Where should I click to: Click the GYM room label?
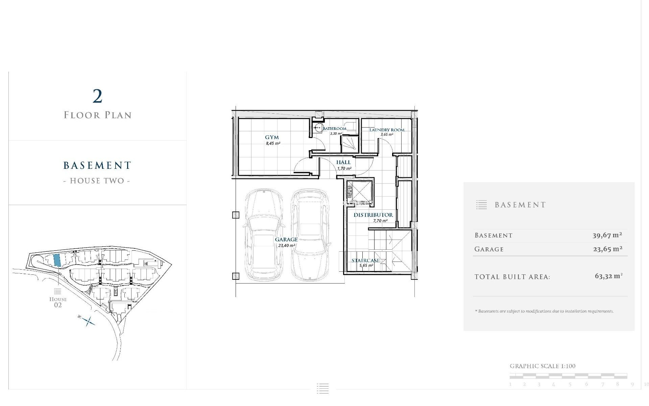(x=272, y=137)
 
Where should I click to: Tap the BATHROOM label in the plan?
(x=334, y=129)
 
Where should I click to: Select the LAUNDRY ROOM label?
(x=387, y=130)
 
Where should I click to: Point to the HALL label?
(x=343, y=162)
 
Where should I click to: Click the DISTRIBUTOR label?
(x=373, y=215)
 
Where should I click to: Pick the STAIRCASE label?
(x=365, y=261)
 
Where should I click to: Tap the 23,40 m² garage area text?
(x=286, y=245)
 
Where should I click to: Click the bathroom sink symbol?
(x=318, y=128)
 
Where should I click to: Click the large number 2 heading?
(x=97, y=97)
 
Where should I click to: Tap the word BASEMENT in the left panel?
(x=97, y=165)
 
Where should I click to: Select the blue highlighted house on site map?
(x=57, y=260)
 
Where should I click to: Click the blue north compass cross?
(x=89, y=321)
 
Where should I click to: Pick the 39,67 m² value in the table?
(x=607, y=235)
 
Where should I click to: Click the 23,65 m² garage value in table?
(x=607, y=249)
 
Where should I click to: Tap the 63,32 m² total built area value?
(x=608, y=276)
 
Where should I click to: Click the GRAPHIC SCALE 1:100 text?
(x=542, y=366)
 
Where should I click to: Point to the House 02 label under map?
(x=58, y=302)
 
